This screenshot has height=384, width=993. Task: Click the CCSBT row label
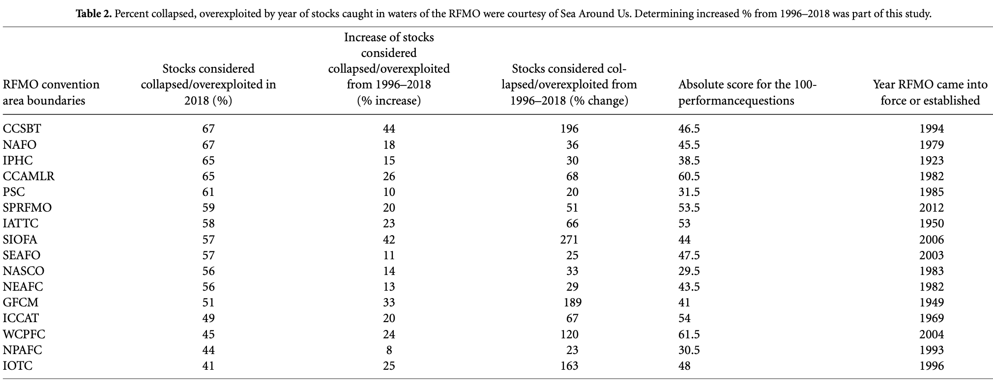click(x=22, y=129)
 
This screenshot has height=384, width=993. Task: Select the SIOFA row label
click(x=20, y=240)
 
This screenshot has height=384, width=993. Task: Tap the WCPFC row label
click(x=24, y=334)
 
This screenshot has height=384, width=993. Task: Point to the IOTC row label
click(x=18, y=366)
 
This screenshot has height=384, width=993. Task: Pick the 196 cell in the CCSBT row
click(x=569, y=129)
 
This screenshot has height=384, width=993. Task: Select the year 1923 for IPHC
click(x=932, y=161)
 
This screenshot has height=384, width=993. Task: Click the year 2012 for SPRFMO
click(x=932, y=208)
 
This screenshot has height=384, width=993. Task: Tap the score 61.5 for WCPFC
click(x=689, y=334)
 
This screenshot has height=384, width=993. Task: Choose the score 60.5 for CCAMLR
click(x=689, y=176)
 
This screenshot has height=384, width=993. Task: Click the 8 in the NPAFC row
click(x=389, y=350)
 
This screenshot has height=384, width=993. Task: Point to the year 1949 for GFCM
click(x=932, y=302)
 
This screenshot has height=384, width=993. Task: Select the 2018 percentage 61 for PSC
click(x=208, y=192)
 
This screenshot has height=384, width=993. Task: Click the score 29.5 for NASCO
click(x=689, y=271)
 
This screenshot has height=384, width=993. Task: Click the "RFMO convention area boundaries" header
click(x=51, y=92)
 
